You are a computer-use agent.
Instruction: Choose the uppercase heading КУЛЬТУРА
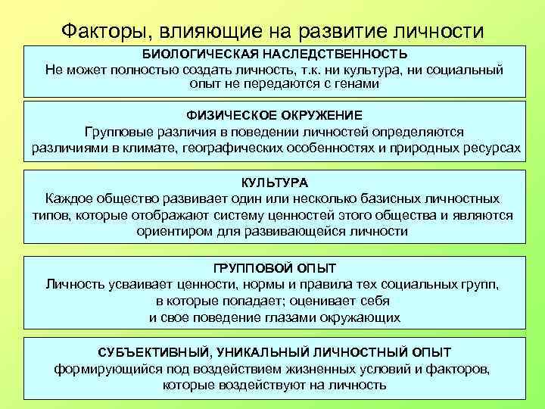274,183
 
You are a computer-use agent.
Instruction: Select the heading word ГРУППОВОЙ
243,269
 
